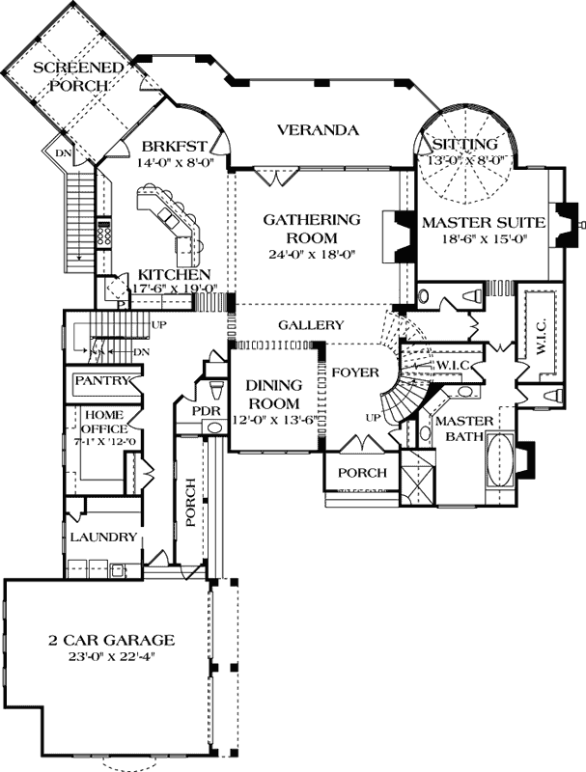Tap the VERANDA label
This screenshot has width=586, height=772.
click(x=319, y=130)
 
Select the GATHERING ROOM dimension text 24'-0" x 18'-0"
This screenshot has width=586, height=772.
click(x=313, y=255)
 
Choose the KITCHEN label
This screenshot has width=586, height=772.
click(x=174, y=274)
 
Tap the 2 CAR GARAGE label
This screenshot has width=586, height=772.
click(x=111, y=639)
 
